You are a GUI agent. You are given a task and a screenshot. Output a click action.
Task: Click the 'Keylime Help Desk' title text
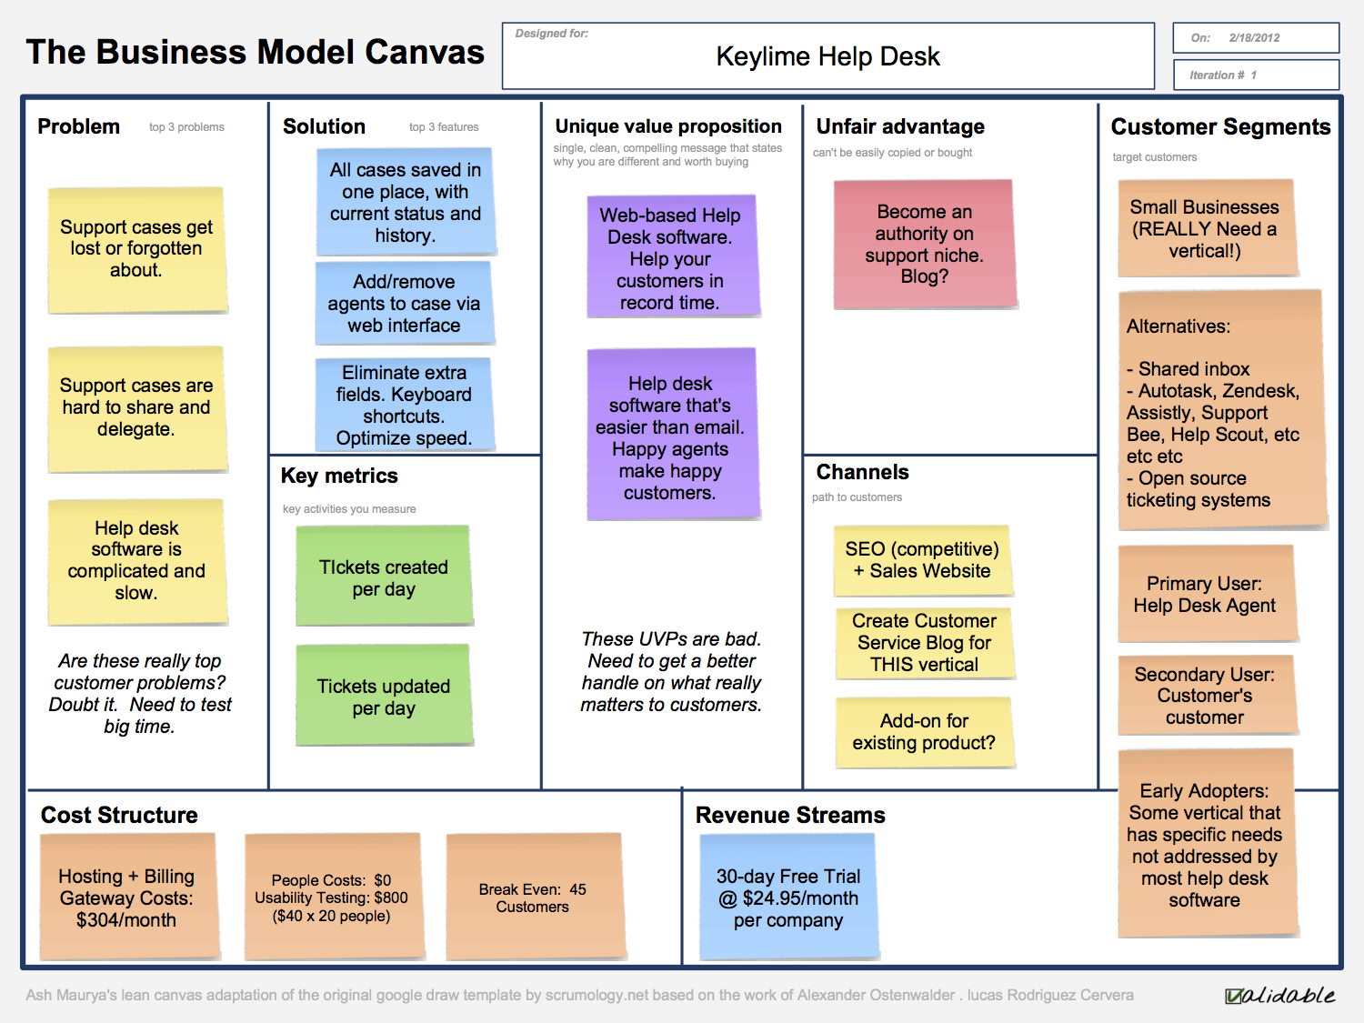point(827,56)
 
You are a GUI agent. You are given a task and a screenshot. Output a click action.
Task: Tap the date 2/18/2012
point(1254,38)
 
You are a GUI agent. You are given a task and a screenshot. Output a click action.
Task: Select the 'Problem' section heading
point(79,126)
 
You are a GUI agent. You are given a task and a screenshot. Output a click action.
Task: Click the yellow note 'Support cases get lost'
point(136,249)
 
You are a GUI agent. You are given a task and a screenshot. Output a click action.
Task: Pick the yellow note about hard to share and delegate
point(136,408)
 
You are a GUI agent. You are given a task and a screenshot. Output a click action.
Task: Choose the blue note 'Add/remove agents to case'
point(405,304)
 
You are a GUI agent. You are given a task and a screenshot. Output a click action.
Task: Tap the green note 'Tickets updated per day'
point(384,697)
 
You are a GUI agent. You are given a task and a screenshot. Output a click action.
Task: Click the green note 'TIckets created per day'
point(384,577)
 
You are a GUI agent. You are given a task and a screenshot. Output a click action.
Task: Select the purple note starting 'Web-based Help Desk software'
point(671,258)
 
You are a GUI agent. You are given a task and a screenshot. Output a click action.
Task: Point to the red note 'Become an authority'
point(924,244)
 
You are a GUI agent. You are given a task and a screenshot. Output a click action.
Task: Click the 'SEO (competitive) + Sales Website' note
point(922,560)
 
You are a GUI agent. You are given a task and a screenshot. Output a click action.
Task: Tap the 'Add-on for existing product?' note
point(924,732)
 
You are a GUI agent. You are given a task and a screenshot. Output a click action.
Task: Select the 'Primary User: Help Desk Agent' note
point(1205,595)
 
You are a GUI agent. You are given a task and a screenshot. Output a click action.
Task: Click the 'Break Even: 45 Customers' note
point(534,897)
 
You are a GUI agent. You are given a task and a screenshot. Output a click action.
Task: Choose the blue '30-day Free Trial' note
point(788,898)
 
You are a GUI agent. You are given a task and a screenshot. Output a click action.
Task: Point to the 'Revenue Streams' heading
point(790,815)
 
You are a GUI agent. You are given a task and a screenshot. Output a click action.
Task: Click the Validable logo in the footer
point(1279,995)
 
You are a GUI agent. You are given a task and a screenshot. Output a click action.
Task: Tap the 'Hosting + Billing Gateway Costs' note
point(127,898)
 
